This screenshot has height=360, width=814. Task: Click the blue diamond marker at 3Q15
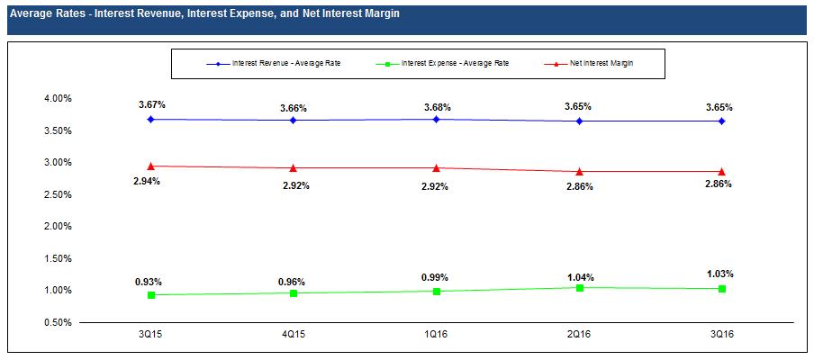point(151,119)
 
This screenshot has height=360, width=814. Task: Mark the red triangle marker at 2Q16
point(579,171)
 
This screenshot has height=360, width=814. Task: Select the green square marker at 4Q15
point(294,292)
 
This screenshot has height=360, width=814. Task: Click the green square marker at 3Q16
point(722,288)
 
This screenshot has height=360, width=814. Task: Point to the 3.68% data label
point(437,107)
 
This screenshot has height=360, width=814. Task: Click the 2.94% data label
point(151,182)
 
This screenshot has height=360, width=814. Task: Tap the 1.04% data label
point(581,277)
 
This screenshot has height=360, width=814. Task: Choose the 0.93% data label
point(149,282)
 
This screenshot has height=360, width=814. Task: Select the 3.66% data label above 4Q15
point(294,108)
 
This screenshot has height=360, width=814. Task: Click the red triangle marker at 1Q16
point(437,167)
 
